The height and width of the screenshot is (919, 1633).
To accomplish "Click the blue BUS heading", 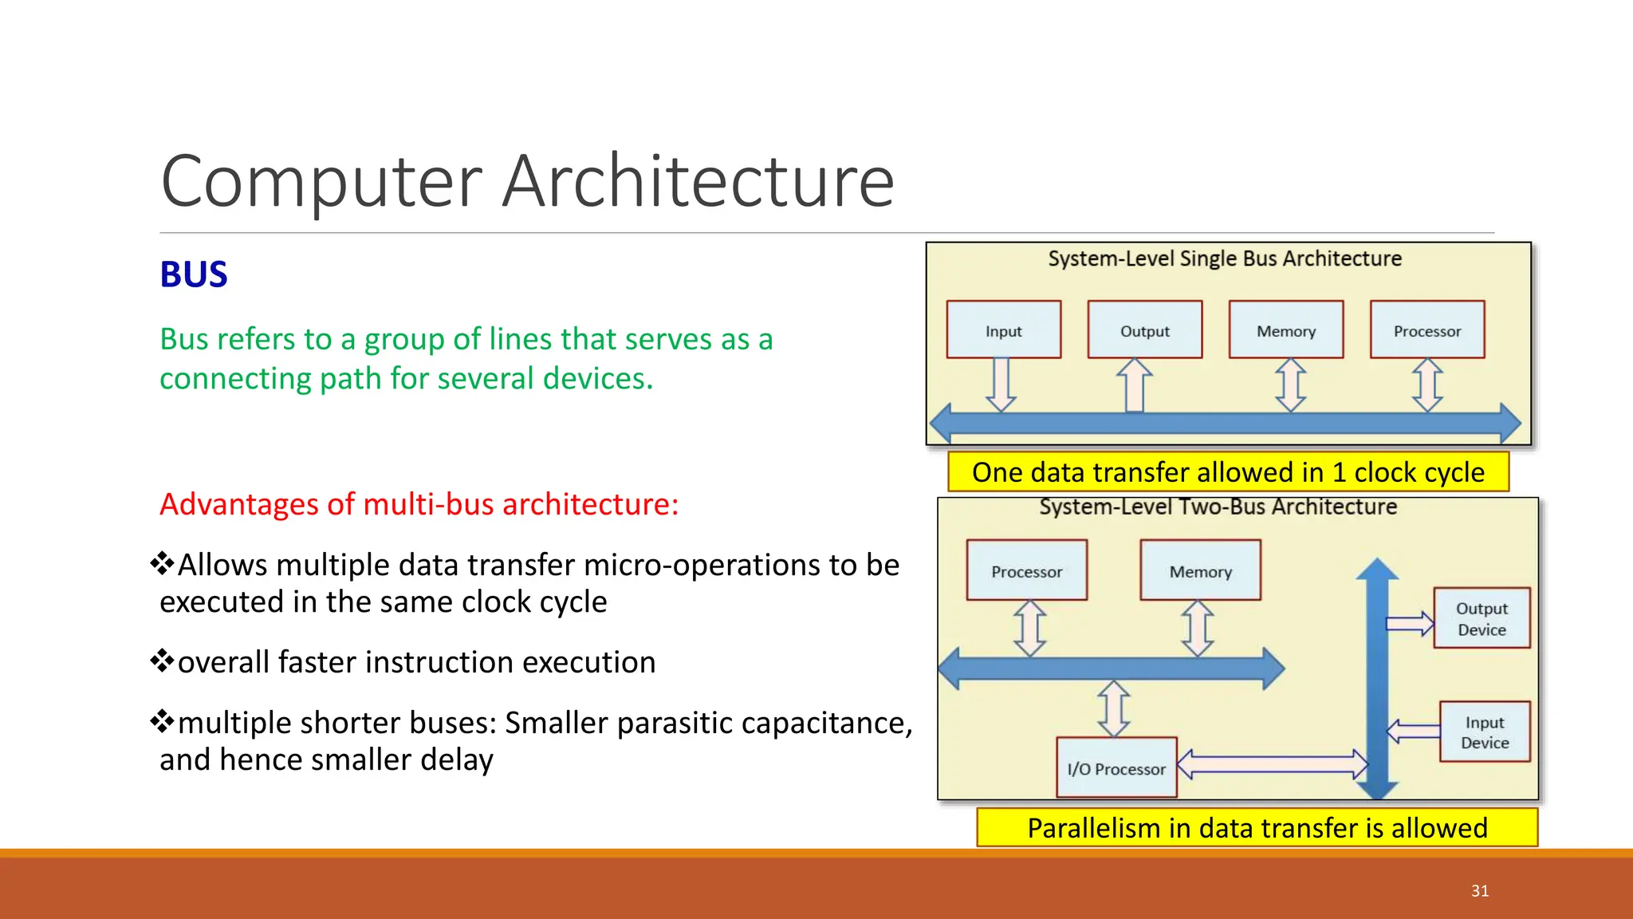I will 194,274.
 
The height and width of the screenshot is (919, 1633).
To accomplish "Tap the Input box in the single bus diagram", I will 1003,329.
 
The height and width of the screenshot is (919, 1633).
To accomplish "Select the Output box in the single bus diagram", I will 1144,329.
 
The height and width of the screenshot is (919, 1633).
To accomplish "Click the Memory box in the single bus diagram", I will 1285,329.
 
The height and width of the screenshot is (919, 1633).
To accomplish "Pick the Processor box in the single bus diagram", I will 1426,329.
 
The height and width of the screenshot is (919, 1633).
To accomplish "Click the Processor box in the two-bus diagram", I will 1026,570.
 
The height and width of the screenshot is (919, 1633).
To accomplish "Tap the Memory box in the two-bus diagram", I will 1200,570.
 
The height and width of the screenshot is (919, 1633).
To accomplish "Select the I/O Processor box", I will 1116,767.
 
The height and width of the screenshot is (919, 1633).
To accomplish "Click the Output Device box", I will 1482,618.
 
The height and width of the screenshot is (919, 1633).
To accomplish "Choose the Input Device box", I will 1485,732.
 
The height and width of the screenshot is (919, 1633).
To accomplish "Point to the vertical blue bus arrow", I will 1377,678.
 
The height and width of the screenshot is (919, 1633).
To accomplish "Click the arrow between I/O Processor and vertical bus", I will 1273,764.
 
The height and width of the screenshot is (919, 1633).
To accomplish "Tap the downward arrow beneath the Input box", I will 1001,385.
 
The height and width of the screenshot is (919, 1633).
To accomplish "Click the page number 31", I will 1480,891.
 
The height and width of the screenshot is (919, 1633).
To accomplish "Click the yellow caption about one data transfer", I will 1228,472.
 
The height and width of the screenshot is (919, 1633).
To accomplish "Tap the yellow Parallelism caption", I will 1257,828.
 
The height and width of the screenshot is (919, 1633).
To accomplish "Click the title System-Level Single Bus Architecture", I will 1224,258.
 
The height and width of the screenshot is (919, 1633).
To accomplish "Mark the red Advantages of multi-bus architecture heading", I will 419,504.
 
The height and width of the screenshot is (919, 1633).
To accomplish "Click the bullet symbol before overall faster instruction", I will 162,661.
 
